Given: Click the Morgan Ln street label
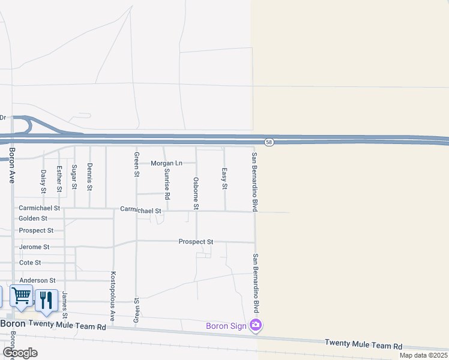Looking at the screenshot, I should tap(166, 163).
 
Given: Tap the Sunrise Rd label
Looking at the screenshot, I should tap(167, 184).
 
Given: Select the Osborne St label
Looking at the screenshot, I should tap(196, 193).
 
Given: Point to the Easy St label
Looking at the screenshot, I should tap(224, 179).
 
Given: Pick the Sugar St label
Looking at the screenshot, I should tap(74, 177).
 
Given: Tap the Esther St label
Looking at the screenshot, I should tap(59, 179).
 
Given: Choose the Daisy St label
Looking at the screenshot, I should tap(43, 181).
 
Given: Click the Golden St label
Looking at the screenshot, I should tap(33, 218).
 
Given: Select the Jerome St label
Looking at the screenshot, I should tap(34, 247).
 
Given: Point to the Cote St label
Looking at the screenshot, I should tap(30, 263).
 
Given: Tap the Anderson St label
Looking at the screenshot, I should tap(37, 280).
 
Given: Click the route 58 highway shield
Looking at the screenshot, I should tap(270, 142).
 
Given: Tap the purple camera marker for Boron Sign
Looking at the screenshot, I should tap(256, 326).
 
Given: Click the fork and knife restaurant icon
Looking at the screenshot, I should tap(46, 299).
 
